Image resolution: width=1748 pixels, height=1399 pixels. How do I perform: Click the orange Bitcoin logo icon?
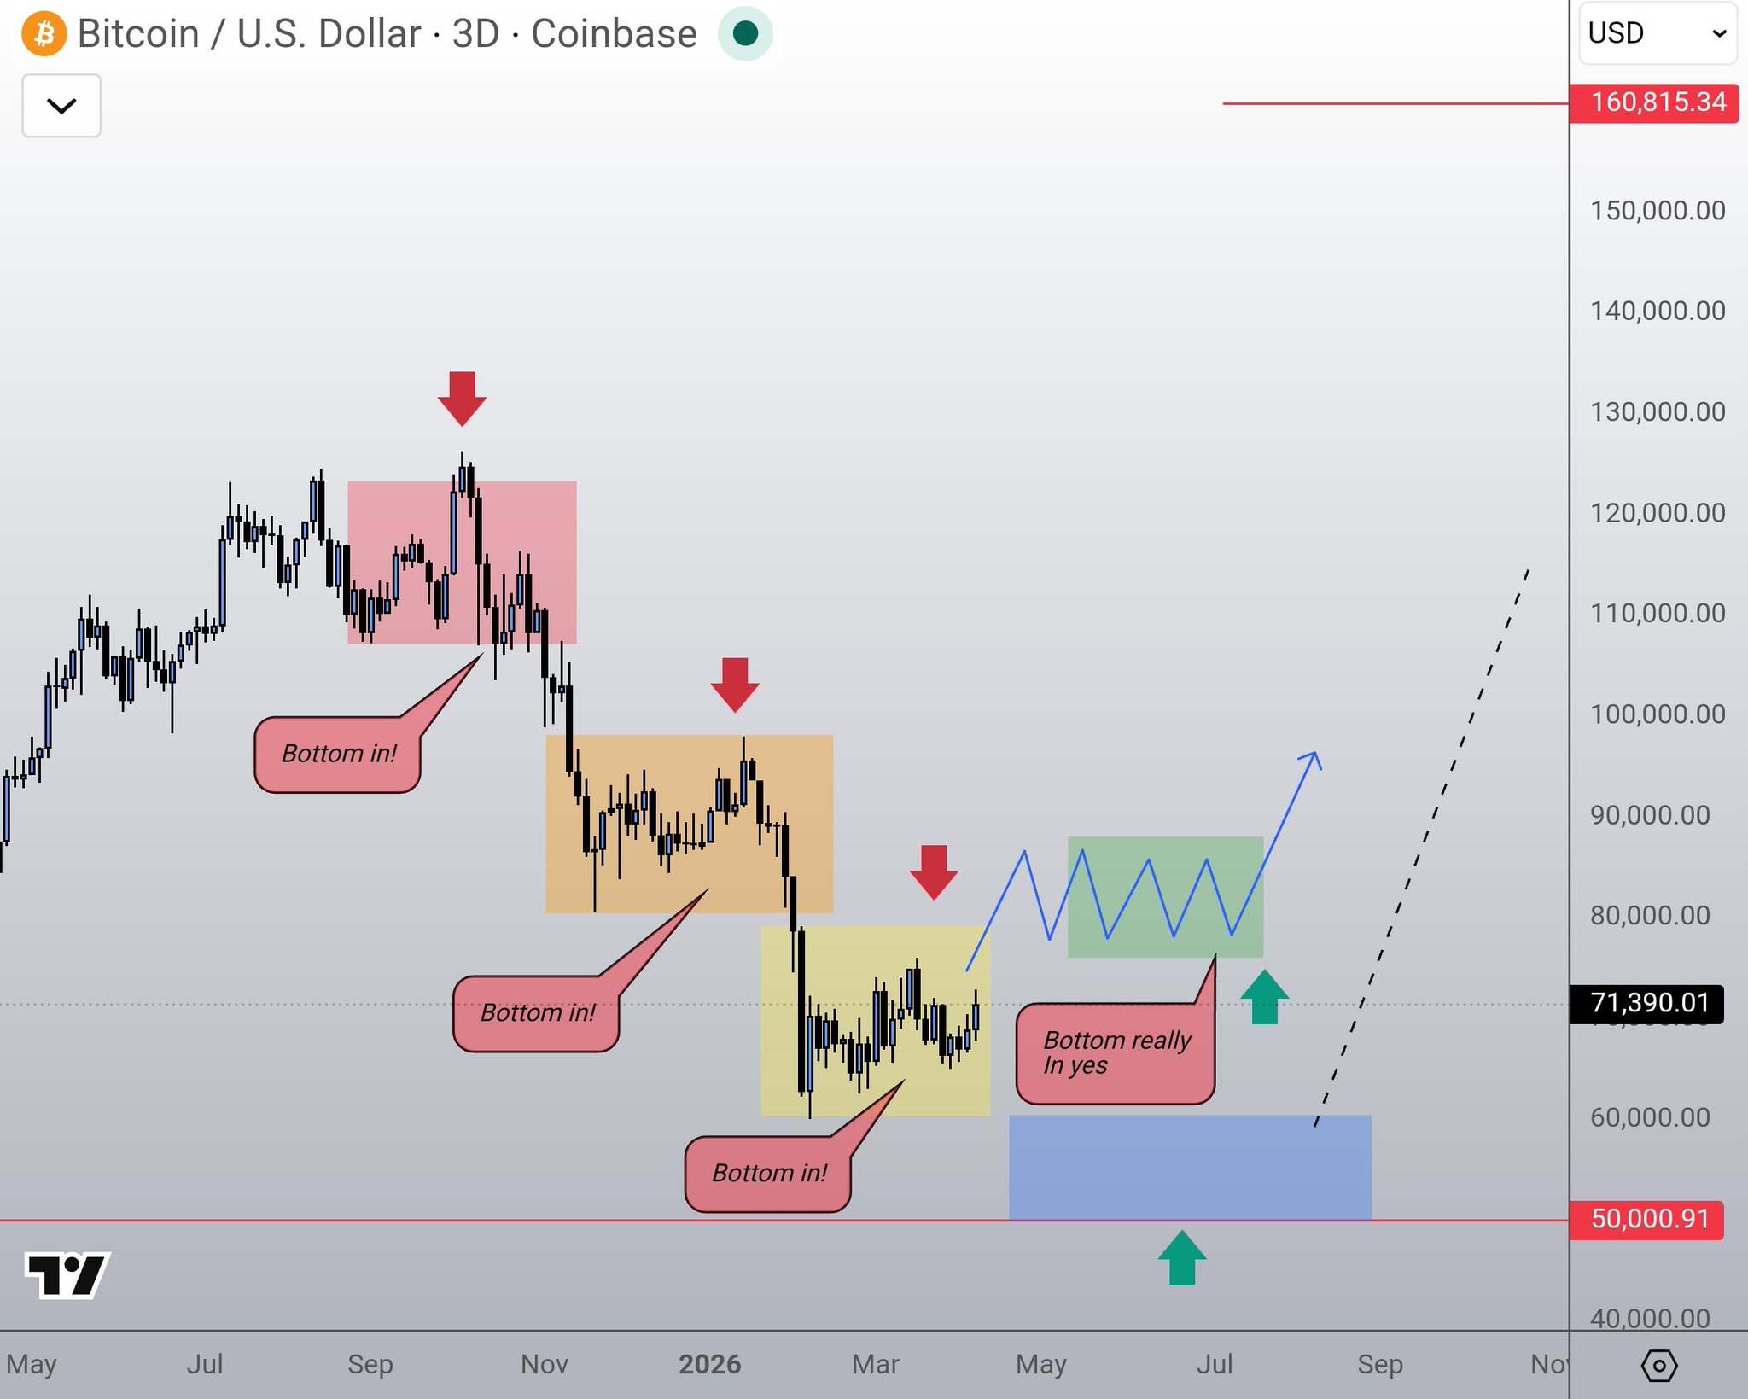(44, 34)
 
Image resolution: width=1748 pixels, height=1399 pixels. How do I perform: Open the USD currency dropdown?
(1657, 34)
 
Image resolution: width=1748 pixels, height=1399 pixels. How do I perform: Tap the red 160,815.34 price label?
(1657, 103)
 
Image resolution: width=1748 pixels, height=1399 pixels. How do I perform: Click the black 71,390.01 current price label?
(1648, 1003)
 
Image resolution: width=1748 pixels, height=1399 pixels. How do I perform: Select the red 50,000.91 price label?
(1648, 1219)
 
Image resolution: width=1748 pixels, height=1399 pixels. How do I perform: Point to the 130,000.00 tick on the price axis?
(1657, 412)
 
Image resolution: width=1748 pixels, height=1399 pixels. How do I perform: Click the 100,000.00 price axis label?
(1657, 714)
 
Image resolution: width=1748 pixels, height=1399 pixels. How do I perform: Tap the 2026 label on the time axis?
(709, 1364)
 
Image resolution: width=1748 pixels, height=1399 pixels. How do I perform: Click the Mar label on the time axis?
(875, 1364)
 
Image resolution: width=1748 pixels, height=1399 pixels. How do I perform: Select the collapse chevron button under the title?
(61, 106)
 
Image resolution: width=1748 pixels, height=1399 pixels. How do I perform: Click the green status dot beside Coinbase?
(745, 34)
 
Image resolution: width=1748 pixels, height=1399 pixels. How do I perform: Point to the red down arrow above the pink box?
(462, 399)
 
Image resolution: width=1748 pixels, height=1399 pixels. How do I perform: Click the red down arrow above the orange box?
(735, 685)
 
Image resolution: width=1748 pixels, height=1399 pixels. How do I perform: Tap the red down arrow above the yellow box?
(934, 871)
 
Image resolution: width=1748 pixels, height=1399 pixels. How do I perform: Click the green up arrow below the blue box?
(1182, 1258)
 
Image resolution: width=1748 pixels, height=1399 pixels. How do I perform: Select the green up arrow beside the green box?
(1264, 997)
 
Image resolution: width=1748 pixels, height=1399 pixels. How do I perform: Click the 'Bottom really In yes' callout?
(1115, 1053)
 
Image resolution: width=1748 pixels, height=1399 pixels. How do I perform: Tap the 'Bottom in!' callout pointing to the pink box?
(338, 755)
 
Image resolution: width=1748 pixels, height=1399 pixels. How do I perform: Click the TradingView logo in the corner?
(67, 1275)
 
